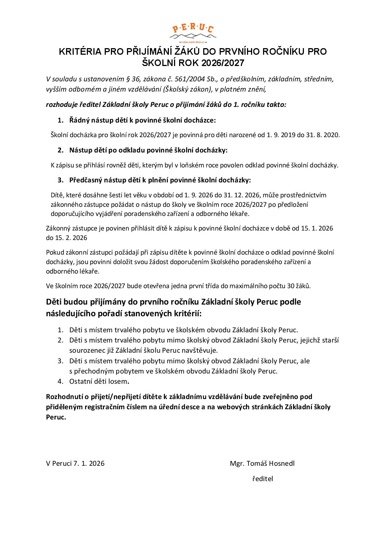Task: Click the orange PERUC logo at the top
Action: (x=193, y=32)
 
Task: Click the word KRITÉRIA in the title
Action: (x=80, y=52)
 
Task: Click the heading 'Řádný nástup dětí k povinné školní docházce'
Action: (x=142, y=120)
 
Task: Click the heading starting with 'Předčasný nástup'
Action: (x=160, y=180)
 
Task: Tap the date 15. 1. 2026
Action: (x=317, y=228)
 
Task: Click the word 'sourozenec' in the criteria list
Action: (x=86, y=351)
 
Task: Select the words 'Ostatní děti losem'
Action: (x=99, y=382)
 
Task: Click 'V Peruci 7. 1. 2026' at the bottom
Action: (x=75, y=464)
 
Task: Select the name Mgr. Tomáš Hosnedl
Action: (x=262, y=464)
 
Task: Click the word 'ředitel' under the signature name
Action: (x=262, y=479)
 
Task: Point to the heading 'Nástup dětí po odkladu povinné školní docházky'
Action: (x=148, y=150)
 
